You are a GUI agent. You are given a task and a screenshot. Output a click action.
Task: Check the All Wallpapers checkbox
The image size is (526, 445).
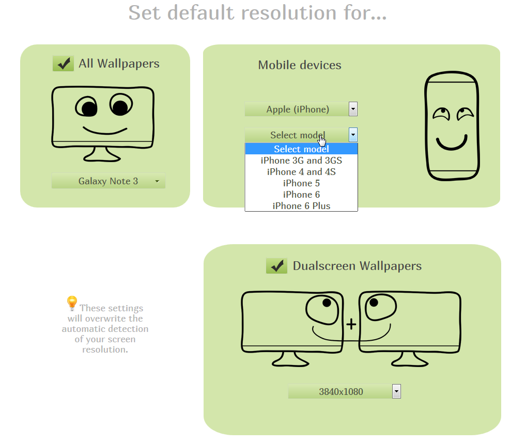63,63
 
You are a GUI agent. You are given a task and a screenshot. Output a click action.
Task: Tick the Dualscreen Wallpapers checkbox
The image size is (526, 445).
276,266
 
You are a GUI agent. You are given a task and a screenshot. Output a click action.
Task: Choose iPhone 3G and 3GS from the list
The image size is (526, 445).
301,161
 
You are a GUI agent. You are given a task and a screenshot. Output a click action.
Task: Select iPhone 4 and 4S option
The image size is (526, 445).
301,172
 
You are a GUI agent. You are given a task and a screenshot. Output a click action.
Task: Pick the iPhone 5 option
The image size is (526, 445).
301,183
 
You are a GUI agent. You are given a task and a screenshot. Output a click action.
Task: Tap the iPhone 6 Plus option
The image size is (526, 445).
301,206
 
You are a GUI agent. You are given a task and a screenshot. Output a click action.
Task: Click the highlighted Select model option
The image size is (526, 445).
301,149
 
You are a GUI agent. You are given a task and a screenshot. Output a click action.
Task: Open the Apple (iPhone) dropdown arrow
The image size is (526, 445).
353,109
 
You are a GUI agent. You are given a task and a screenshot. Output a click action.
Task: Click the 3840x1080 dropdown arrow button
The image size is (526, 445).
396,391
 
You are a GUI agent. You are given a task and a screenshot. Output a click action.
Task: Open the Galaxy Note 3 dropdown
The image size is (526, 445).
109,181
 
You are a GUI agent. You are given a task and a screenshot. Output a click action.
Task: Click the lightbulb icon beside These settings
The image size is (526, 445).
72,303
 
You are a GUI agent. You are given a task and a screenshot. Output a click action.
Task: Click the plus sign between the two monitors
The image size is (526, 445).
351,324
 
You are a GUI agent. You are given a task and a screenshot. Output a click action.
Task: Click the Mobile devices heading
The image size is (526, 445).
300,65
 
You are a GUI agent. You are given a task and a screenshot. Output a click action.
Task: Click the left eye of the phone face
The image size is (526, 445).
441,113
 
